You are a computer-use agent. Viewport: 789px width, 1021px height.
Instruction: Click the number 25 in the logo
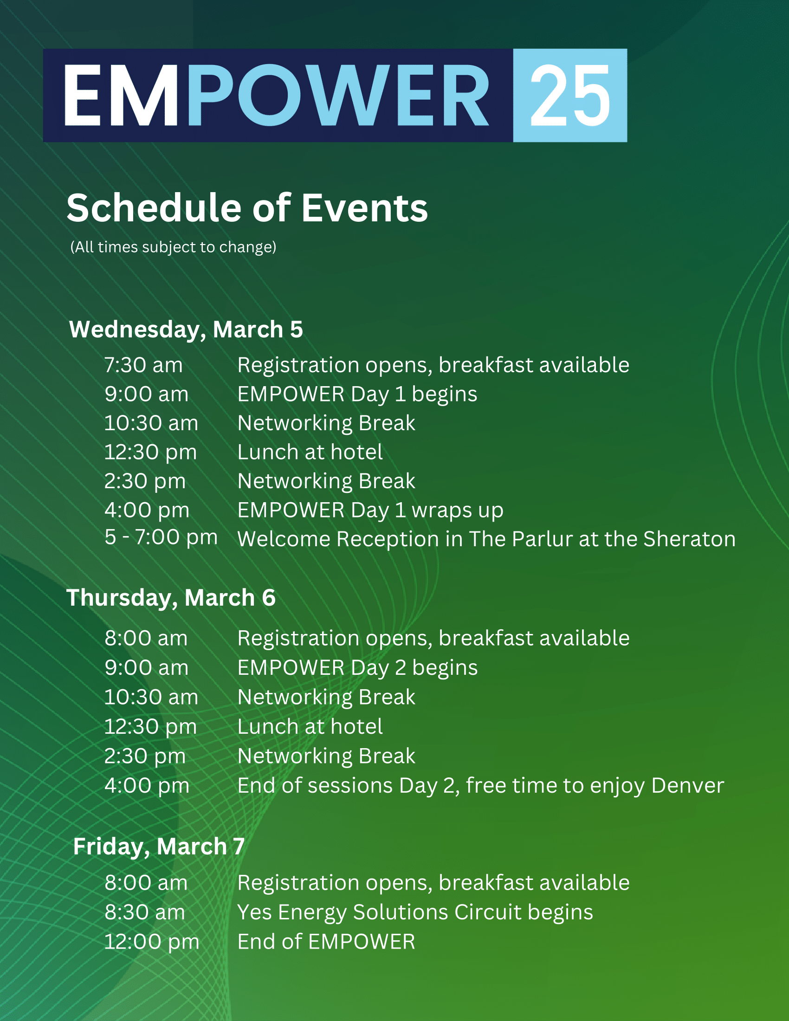pos(570,95)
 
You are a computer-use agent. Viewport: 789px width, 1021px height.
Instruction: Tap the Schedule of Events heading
pos(247,207)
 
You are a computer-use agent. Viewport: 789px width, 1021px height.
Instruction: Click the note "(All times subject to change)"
pos(173,247)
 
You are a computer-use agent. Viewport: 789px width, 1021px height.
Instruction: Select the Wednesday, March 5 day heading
pos(186,330)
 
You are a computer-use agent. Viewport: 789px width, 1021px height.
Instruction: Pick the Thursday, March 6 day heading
pos(171,598)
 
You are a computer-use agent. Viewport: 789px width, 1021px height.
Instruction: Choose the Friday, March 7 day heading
pos(159,847)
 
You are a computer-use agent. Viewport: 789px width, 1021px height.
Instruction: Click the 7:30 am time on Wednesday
pos(143,365)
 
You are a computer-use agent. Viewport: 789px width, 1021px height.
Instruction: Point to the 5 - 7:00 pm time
pos(161,537)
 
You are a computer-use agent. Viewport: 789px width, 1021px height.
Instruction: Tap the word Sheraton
pos(689,539)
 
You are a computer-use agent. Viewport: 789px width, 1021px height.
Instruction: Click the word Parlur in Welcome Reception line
pos(542,539)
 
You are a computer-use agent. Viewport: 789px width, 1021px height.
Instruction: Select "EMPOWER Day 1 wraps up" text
pos(370,510)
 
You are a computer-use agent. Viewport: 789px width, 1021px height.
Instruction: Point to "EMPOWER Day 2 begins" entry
pos(357,668)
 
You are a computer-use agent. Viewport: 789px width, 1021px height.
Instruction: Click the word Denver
pos(687,785)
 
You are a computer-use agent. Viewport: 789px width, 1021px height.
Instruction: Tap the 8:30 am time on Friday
pos(145,912)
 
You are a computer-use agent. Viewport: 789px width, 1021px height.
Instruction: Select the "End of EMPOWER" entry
pos(326,942)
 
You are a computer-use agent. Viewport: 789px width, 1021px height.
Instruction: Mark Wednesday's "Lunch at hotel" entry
pos(310,452)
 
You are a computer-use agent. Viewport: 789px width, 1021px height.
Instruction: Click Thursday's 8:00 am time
pos(146,639)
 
